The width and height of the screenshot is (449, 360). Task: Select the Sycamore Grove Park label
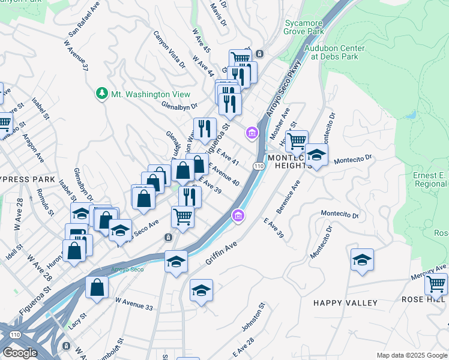pyautogui.click(x=303, y=26)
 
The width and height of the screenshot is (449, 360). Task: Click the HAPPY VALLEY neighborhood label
pyautogui.click(x=345, y=303)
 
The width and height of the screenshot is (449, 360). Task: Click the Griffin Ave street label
pyautogui.click(x=221, y=253)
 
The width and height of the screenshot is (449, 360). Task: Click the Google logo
pyautogui.click(x=20, y=353)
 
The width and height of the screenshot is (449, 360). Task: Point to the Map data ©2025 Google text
pyautogui.click(x=411, y=355)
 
